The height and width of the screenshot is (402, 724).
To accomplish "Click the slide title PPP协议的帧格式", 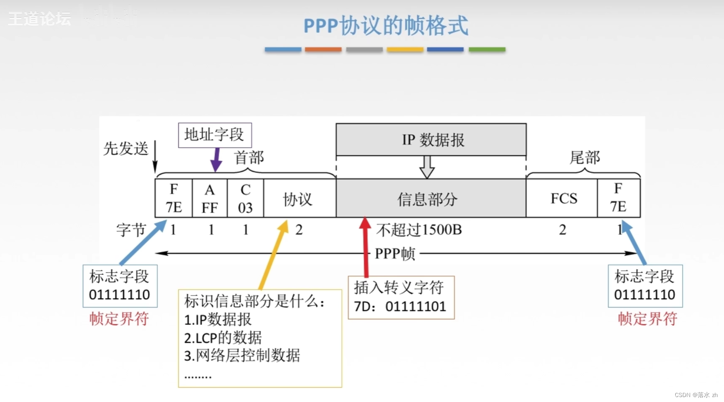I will click(386, 26).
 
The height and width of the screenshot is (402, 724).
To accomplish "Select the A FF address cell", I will click(210, 199).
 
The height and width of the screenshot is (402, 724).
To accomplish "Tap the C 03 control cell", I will click(245, 199).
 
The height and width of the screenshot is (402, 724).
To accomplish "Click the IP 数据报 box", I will click(431, 140).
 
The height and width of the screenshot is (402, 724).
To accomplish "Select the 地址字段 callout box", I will click(215, 135).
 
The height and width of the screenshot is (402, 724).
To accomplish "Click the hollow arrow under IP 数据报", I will click(427, 167).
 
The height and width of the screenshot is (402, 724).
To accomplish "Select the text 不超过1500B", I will click(419, 230).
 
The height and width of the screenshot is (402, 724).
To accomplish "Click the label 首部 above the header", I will click(249, 157).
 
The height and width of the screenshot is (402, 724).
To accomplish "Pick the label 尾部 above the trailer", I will click(584, 157).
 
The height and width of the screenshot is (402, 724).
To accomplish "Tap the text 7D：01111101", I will click(400, 307).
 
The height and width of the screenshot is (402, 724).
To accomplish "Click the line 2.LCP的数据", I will click(223, 338).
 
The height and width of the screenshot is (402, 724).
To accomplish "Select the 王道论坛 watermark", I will click(40, 19).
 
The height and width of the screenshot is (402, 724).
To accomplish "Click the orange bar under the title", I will click(323, 50).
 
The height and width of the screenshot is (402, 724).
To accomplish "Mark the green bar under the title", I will click(487, 50).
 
